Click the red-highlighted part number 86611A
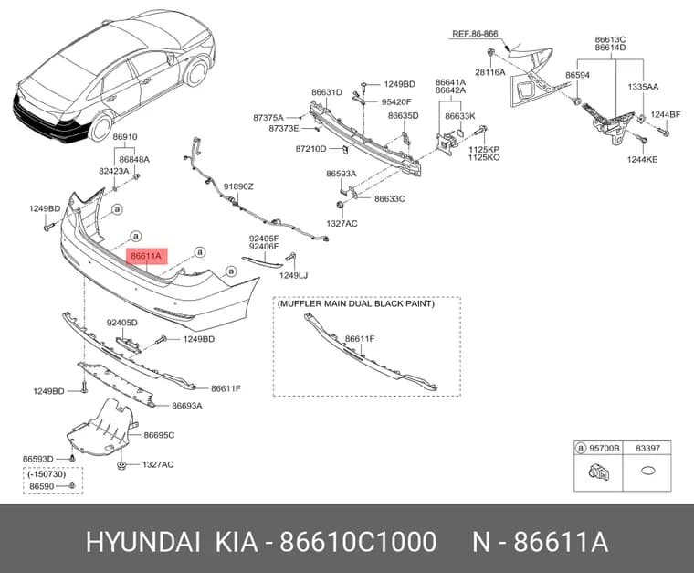[146, 256]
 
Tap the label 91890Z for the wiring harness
[238, 186]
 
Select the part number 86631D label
[327, 92]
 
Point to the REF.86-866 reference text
[475, 34]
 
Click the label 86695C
[159, 435]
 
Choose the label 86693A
[187, 406]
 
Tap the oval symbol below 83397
[647, 472]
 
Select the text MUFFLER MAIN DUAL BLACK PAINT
[356, 303]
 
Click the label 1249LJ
[293, 275]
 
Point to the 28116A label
[490, 72]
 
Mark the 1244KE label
[642, 159]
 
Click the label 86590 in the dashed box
[42, 486]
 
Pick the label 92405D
[121, 323]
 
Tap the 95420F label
[396, 101]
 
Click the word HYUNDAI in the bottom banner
[143, 542]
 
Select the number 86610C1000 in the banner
[358, 542]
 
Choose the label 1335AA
[643, 87]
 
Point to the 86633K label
[460, 116]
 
